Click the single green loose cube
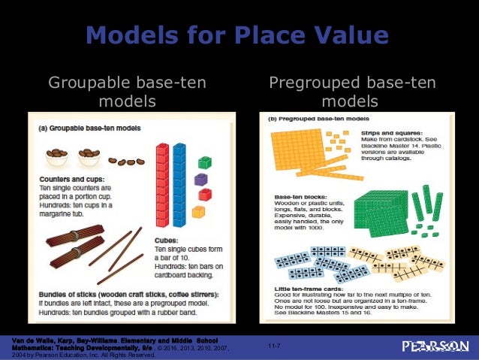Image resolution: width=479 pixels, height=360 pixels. [x=204, y=162]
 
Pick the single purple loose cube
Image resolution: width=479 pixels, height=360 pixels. [x=200, y=179]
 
